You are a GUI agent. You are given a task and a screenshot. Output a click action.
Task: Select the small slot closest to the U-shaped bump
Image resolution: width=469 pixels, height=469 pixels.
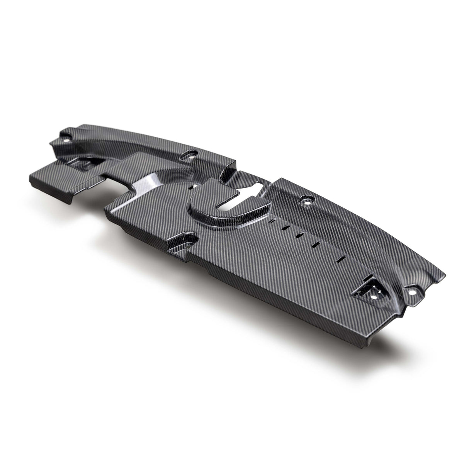tap(273, 221)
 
